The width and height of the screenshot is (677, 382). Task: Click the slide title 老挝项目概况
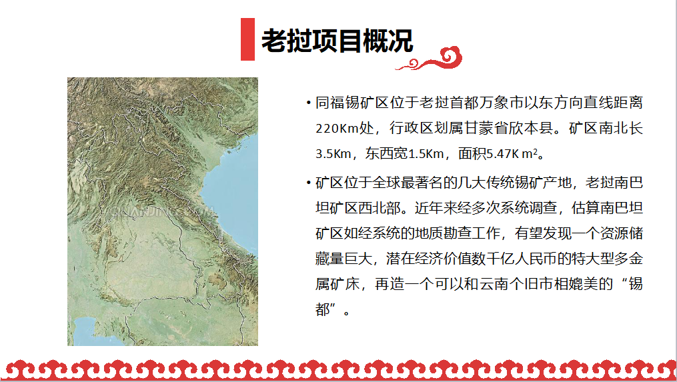(337, 41)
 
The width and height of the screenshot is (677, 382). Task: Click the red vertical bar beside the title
(248, 39)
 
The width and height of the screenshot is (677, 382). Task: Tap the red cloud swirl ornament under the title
(429, 59)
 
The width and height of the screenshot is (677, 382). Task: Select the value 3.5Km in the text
(333, 153)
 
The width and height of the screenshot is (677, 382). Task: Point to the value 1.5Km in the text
(426, 153)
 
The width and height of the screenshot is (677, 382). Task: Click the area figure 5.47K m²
(512, 153)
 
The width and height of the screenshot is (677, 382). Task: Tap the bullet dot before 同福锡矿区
(308, 103)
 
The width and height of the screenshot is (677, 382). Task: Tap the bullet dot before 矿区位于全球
(308, 183)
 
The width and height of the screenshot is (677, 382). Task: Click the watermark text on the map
(162, 211)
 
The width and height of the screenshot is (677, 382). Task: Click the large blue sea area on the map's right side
(235, 190)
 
